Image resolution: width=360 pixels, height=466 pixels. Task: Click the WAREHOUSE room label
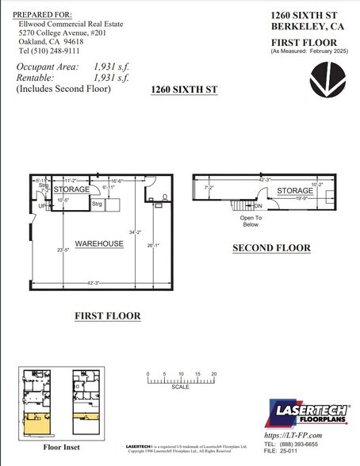click(99, 243)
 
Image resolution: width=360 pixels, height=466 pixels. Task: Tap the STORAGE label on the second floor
click(295, 191)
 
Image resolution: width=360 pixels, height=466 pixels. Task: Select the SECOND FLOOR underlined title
click(271, 248)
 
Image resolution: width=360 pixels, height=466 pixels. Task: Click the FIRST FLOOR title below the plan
click(107, 316)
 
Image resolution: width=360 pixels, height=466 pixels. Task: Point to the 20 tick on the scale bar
click(215, 372)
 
